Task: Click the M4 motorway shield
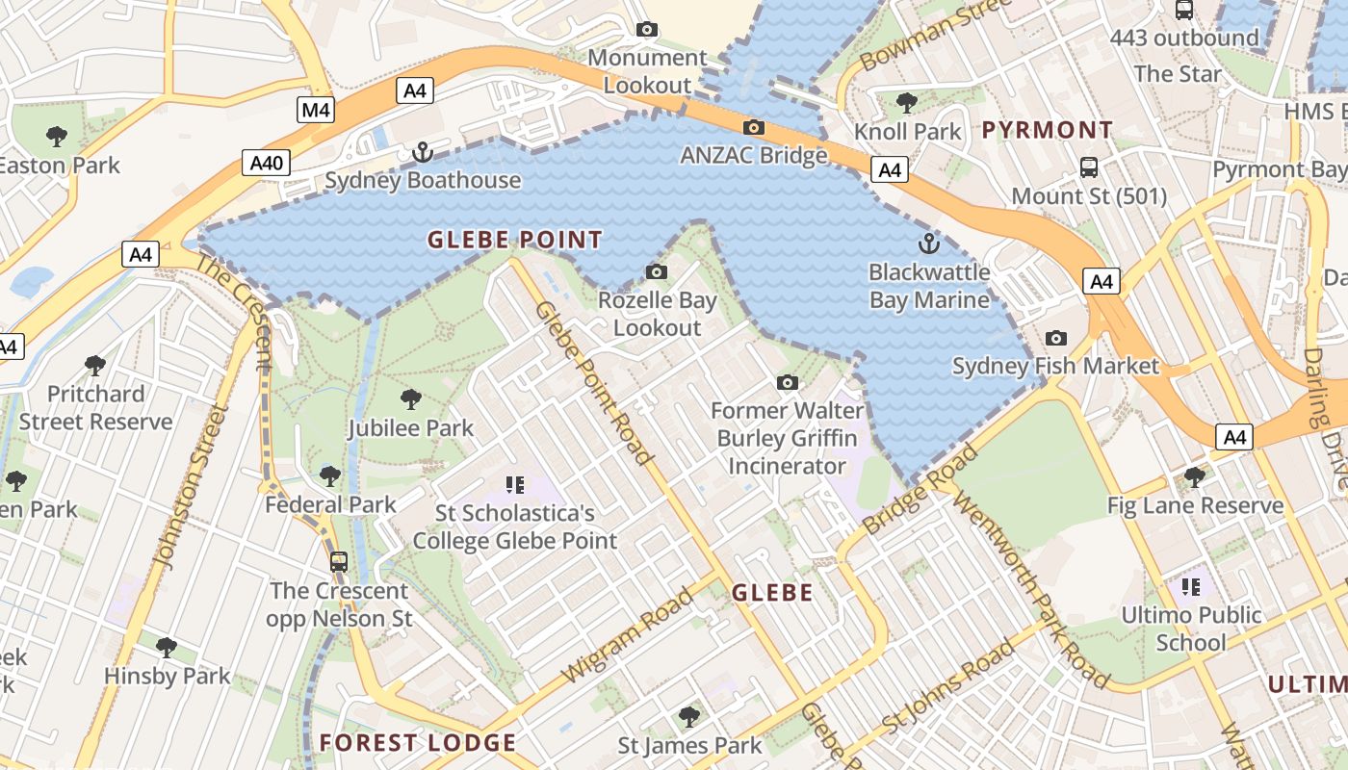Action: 316,110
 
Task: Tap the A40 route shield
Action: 266,163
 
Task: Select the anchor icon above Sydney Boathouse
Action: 422,151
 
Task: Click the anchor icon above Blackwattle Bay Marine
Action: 929,243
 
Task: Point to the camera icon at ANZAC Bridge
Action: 754,127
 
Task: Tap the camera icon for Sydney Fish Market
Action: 1056,338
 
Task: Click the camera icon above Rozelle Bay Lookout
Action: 657,272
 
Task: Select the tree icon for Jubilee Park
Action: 411,398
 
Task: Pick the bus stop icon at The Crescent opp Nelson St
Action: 339,561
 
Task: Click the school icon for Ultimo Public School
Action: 1191,586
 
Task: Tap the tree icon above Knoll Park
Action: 906,102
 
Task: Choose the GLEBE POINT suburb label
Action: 515,240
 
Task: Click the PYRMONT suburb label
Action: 1048,130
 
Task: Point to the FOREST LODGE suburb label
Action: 418,743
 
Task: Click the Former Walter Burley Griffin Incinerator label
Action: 787,439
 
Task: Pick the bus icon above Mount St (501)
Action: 1089,167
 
